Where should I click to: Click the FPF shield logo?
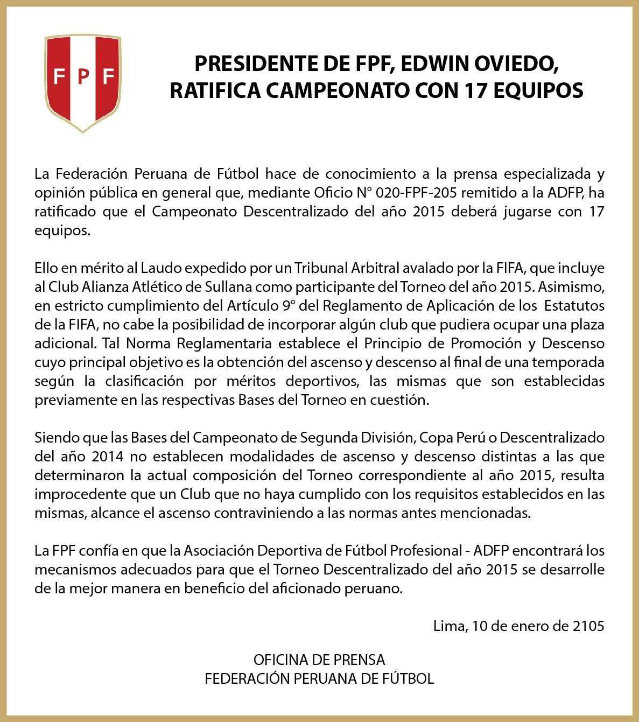82,82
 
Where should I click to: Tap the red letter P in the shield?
83,77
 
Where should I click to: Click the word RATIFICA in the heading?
214,90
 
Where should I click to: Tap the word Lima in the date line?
449,626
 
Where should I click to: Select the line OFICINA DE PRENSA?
319,660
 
